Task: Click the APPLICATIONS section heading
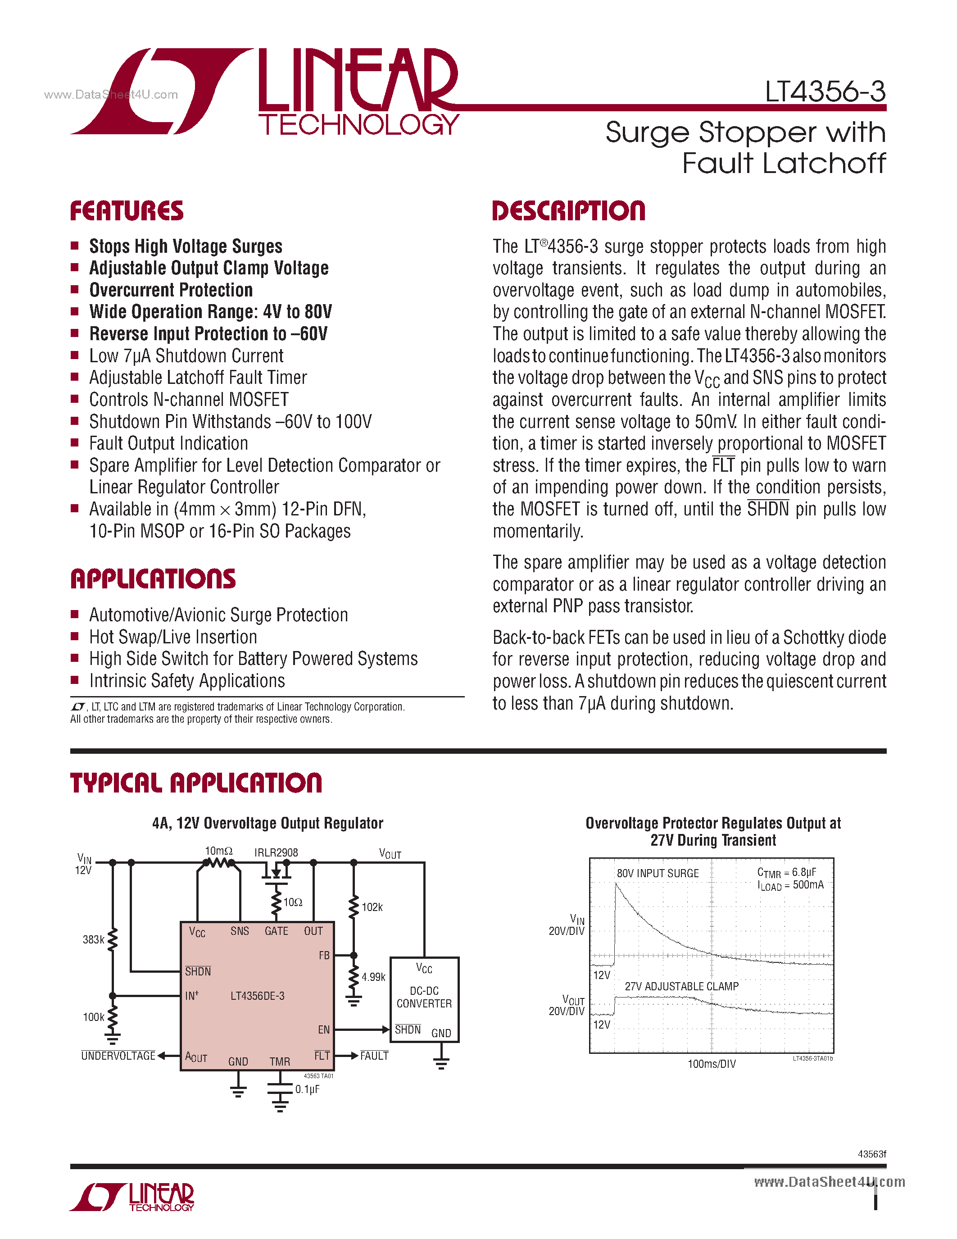coord(153,579)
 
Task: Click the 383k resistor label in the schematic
coord(94,939)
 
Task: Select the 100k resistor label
coord(94,1017)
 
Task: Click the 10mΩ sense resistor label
coord(218,851)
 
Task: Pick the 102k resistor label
coord(372,907)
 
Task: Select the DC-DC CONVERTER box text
coord(424,998)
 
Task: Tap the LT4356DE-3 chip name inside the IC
coord(258,996)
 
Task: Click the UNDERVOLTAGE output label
coord(118,1056)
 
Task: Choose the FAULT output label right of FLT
coord(374,1056)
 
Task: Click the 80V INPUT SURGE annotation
coord(658,874)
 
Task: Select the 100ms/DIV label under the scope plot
coord(712,1064)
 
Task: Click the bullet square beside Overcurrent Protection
coord(74,289)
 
